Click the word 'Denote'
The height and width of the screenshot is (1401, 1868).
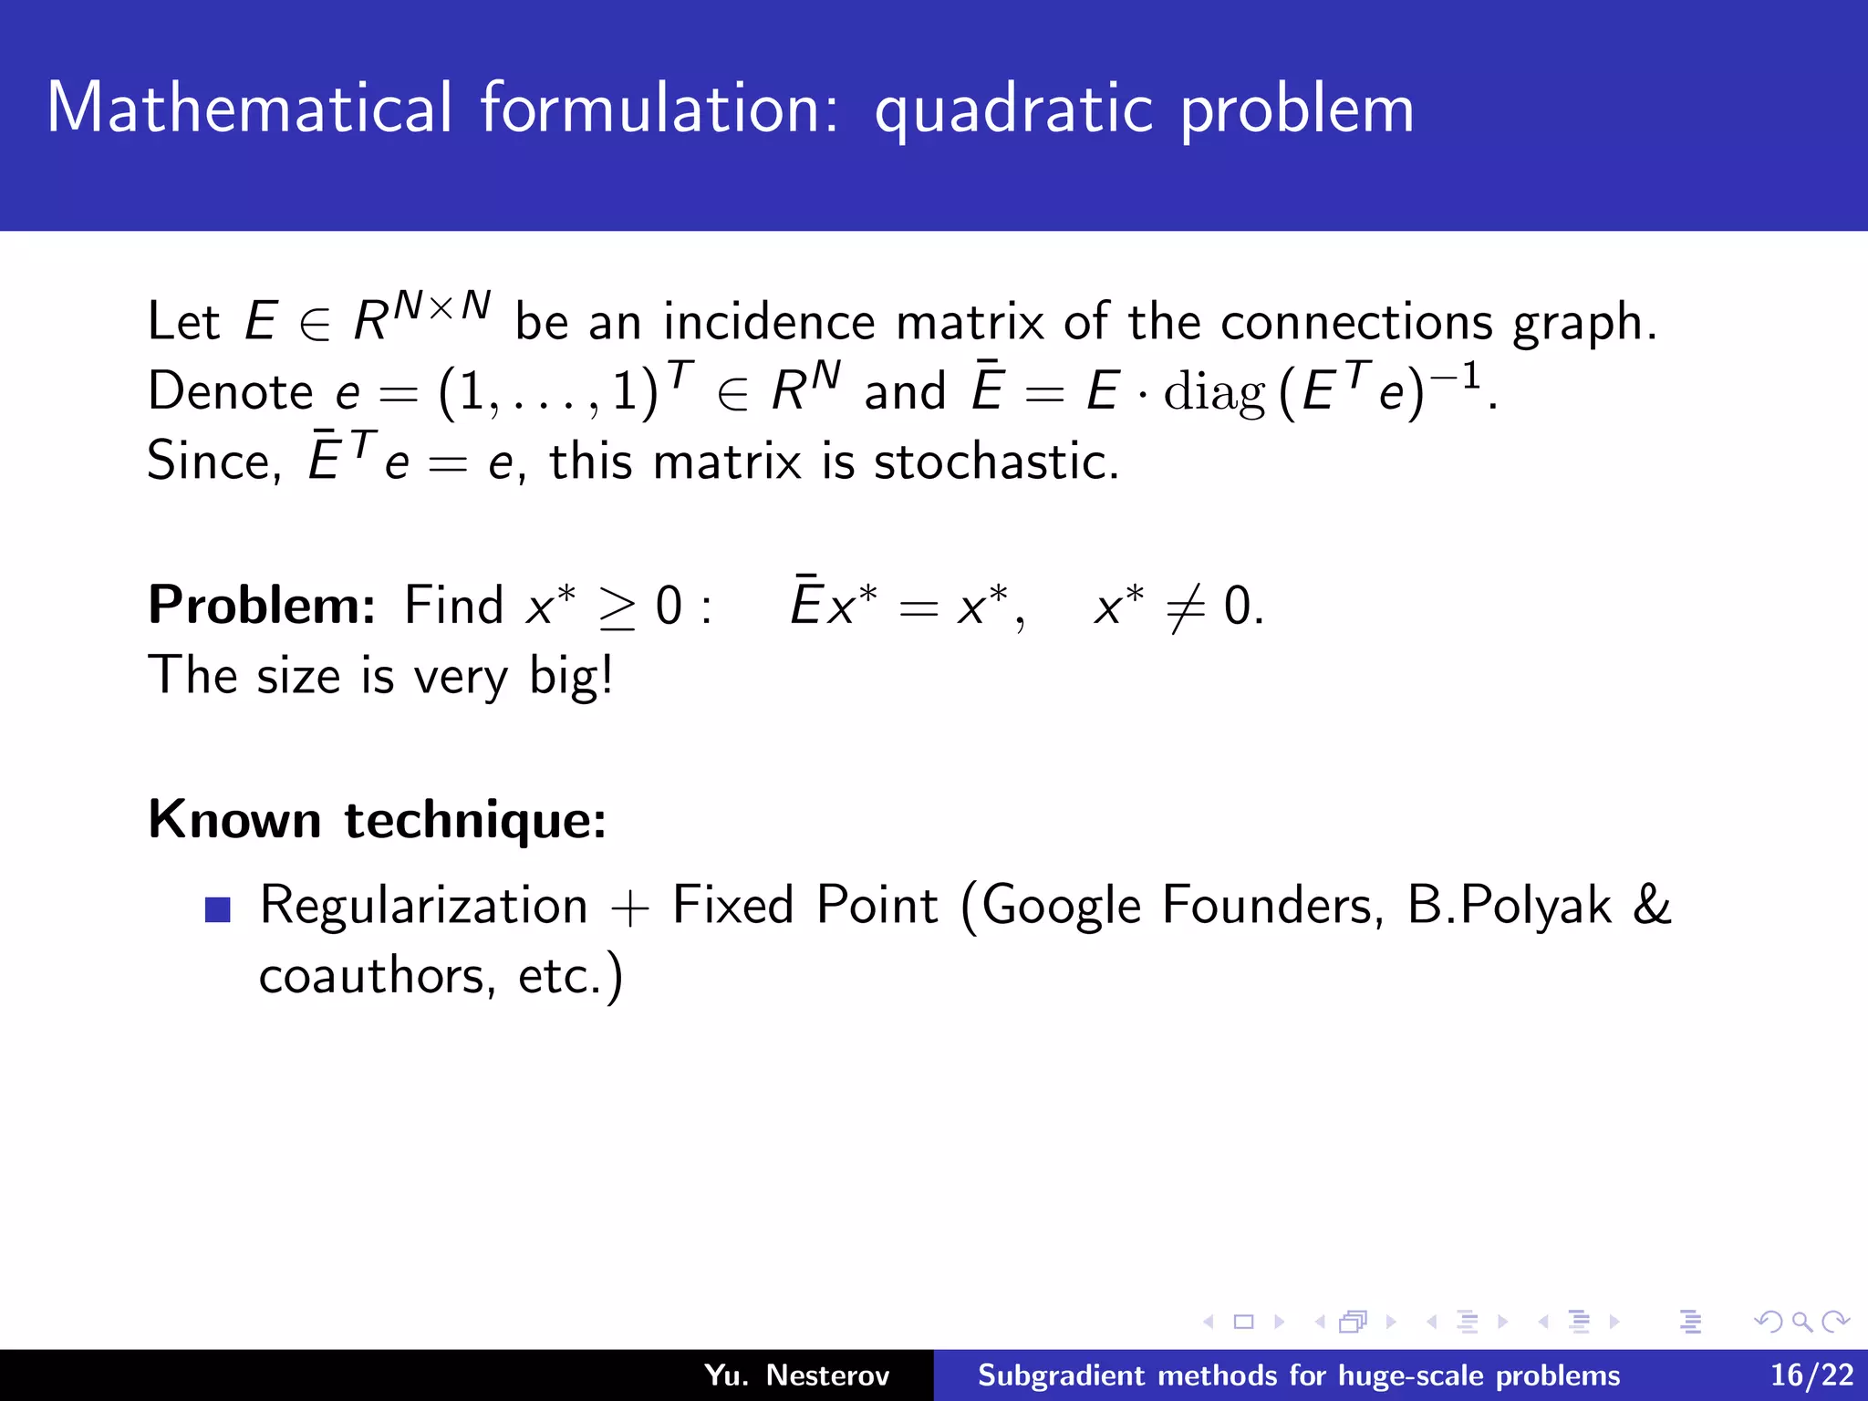coord(231,392)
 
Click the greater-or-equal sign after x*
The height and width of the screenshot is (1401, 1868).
coord(617,609)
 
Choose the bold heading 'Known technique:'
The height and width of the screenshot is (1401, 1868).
coord(377,819)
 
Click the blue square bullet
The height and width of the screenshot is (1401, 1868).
coord(218,909)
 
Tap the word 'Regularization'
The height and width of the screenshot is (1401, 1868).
coord(424,907)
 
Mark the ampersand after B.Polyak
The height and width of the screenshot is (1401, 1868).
coord(1652,905)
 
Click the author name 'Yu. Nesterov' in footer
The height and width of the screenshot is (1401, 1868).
coord(796,1375)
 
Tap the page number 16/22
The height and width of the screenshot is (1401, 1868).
coord(1811,1375)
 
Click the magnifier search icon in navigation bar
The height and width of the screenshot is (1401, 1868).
coord(1801,1322)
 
